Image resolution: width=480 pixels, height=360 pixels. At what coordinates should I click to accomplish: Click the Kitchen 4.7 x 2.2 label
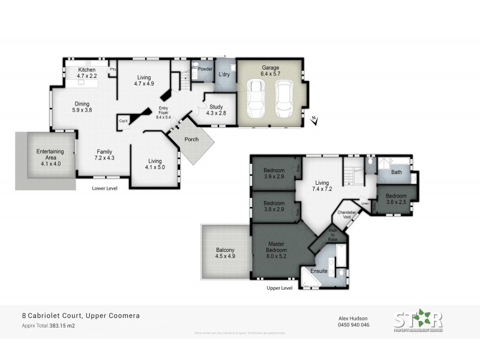tap(87, 73)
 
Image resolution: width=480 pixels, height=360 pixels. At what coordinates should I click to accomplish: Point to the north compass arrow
tap(314, 121)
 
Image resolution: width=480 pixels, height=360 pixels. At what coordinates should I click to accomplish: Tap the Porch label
tap(191, 140)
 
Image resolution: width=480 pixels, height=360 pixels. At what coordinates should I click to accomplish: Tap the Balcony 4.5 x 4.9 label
tap(225, 253)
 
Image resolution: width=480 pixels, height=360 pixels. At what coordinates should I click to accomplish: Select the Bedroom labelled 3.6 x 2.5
tap(396, 199)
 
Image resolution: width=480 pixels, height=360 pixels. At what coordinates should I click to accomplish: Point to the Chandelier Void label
tap(347, 214)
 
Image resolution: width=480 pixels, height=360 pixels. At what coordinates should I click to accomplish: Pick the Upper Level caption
tap(279, 288)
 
